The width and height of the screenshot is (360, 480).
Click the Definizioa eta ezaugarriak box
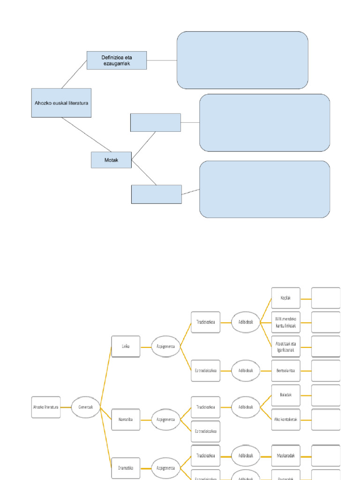[x=117, y=60]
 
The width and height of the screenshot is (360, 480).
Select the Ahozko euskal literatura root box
[x=61, y=103]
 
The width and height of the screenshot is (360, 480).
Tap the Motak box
[x=111, y=160]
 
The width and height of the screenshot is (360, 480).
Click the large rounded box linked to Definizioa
[x=242, y=60]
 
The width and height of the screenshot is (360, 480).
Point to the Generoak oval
[x=86, y=407]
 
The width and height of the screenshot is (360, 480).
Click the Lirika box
[x=126, y=346]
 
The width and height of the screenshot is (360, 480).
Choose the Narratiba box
[x=126, y=419]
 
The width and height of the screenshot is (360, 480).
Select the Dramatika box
[x=126, y=468]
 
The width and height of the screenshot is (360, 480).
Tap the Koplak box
[x=286, y=298]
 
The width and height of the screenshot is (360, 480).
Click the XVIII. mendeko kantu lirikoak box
[x=286, y=322]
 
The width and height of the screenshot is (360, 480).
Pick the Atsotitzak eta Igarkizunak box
[x=286, y=346]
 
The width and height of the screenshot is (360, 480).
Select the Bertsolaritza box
[x=286, y=370]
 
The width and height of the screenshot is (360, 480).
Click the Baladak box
[x=286, y=395]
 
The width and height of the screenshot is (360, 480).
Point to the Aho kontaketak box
[x=286, y=419]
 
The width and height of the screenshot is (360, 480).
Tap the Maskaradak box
[x=286, y=456]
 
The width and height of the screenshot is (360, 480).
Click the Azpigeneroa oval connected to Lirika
[x=165, y=346]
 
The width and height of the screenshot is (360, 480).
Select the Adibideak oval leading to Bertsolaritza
[x=246, y=370]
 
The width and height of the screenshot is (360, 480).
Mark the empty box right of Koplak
[x=326, y=298]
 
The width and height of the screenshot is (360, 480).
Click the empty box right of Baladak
[x=326, y=395]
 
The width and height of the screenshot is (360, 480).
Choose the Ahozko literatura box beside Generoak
[x=46, y=407]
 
